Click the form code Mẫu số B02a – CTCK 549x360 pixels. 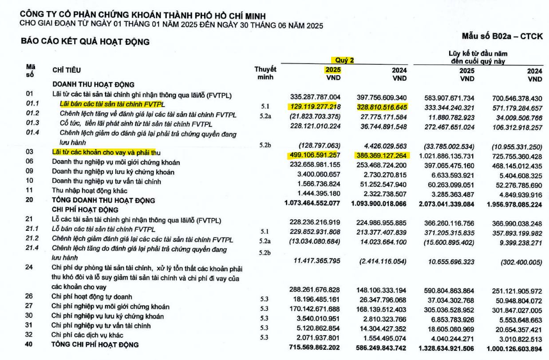[x=502, y=36]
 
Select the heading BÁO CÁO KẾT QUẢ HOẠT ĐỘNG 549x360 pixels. [x=85, y=42]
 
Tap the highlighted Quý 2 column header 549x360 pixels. [x=344, y=60]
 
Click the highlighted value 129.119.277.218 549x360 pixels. [x=315, y=107]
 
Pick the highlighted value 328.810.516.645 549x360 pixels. [x=382, y=107]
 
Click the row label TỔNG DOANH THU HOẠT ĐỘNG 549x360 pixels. [x=103, y=200]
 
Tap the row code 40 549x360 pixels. [x=29, y=344]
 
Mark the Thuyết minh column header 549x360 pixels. [x=265, y=73]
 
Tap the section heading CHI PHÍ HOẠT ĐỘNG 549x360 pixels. [x=85, y=210]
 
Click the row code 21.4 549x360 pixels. [x=32, y=248]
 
